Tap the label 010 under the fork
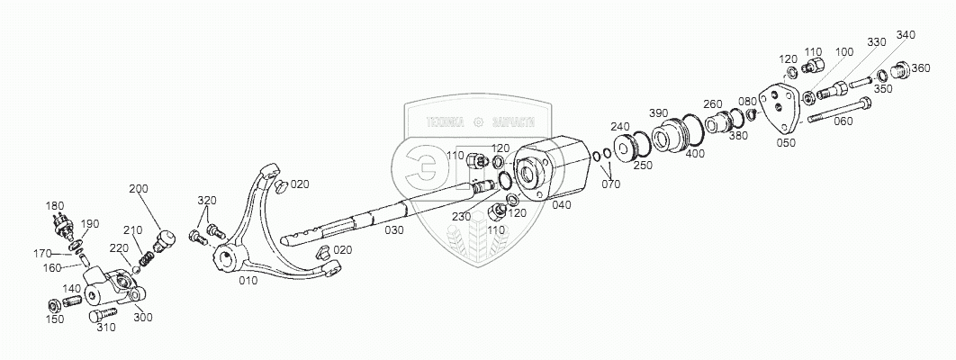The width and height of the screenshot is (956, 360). [248, 280]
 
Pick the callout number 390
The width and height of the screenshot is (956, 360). [659, 112]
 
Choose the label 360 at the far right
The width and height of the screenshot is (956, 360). [922, 68]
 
